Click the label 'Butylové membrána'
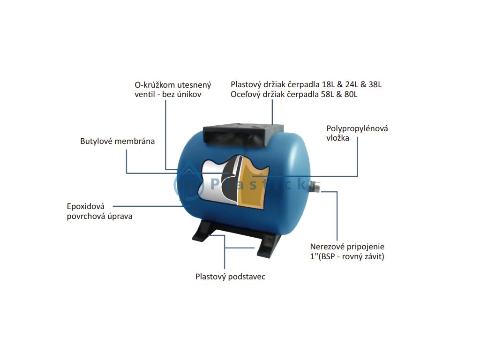coord(117,141)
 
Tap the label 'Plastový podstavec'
coord(230,277)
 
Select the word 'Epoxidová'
coord(86,206)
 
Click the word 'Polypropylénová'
coord(357,128)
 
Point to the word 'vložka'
coord(337,138)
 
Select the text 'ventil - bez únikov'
coord(168,95)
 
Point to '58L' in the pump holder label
coord(330,95)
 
